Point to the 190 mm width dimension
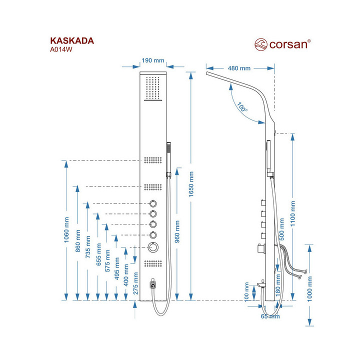tap(153, 60)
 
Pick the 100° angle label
tap(242, 107)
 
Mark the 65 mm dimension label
tap(270, 316)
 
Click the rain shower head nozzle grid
tap(153, 88)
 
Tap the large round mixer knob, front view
tap(153, 247)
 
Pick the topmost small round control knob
tap(153, 204)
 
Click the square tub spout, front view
tap(153, 285)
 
